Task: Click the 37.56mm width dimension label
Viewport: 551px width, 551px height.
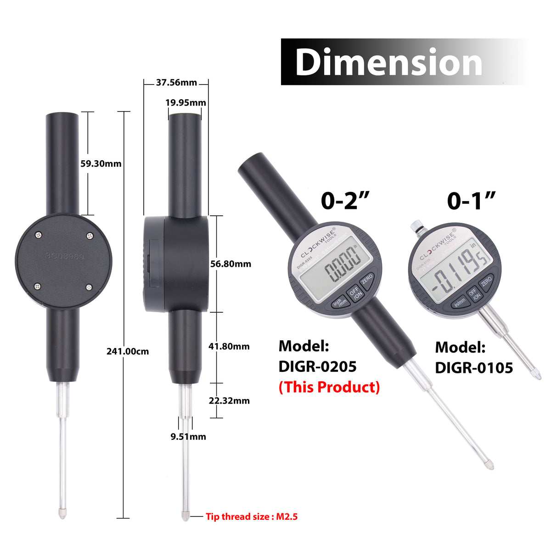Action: (176, 83)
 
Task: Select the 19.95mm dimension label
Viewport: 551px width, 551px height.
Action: (186, 103)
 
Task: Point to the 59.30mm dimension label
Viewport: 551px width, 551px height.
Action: (101, 163)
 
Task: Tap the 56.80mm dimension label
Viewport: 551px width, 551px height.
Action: (231, 264)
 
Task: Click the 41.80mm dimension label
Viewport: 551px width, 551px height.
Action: (229, 346)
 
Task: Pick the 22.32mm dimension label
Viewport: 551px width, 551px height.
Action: (229, 400)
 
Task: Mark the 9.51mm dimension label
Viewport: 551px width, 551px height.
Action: (188, 437)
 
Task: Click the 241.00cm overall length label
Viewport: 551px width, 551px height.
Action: (128, 351)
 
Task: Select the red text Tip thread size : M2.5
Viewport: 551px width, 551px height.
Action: (252, 517)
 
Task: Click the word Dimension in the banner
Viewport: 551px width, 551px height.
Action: (388, 62)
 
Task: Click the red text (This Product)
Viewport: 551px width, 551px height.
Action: (329, 387)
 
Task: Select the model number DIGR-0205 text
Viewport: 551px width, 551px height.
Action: (317, 366)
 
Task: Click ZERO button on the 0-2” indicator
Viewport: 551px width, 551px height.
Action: (366, 279)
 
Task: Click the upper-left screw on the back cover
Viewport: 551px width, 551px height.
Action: (38, 235)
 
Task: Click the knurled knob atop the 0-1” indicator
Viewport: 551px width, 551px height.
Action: (417, 225)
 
